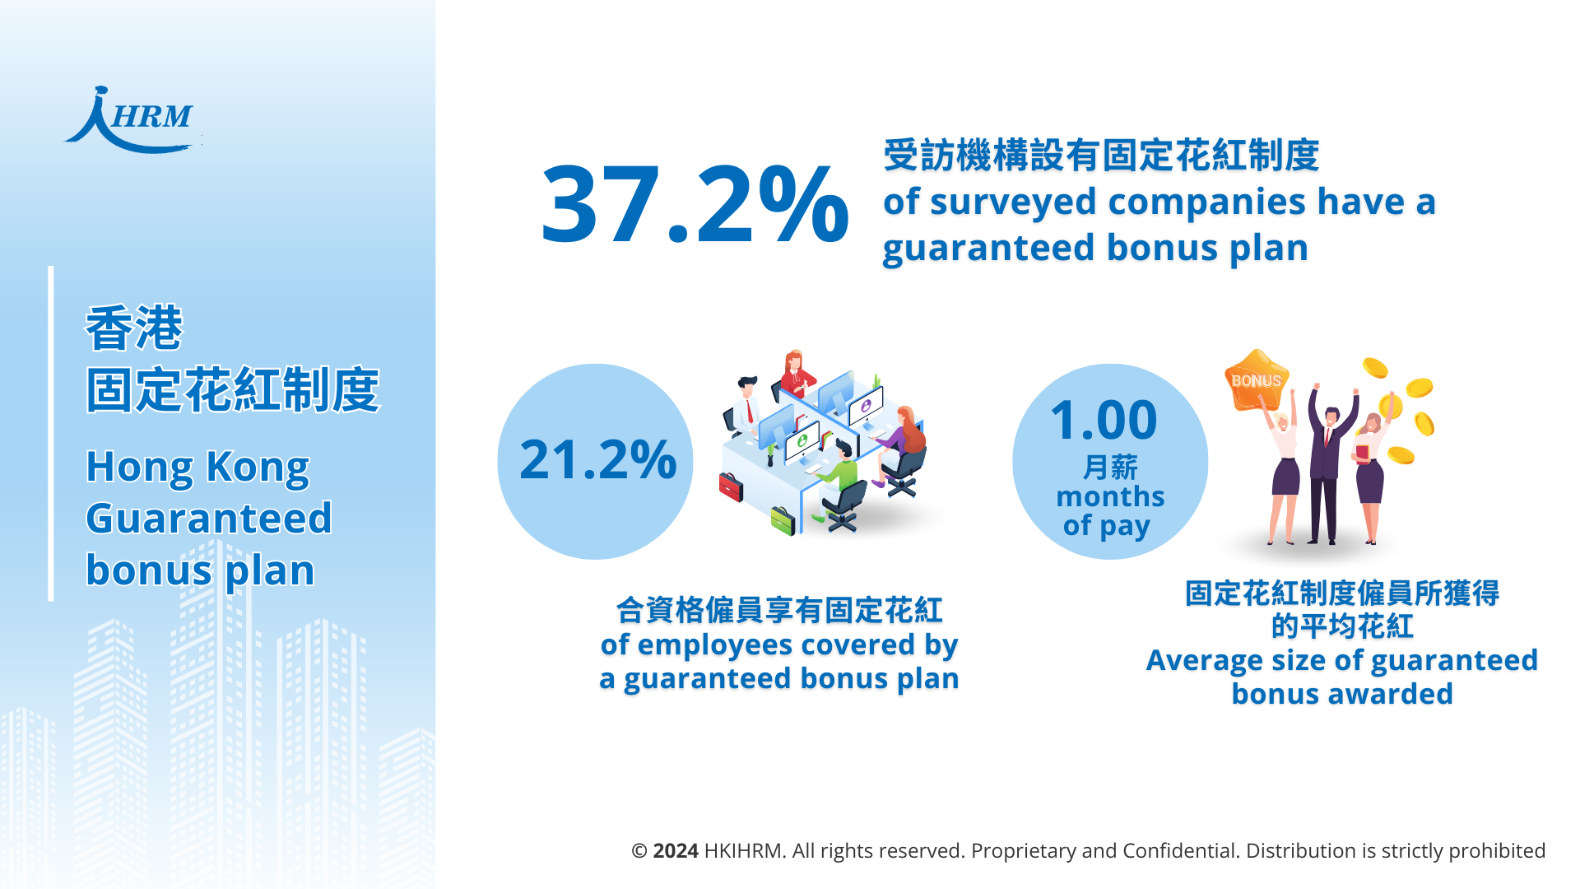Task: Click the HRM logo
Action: [132, 120]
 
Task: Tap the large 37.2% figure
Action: [695, 204]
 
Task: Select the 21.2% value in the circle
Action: [597, 459]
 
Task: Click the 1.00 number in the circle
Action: [1104, 420]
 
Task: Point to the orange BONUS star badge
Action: [1257, 379]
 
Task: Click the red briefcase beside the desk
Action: [731, 486]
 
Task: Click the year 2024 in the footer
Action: [676, 850]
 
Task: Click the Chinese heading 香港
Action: [134, 328]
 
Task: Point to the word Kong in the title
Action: [258, 468]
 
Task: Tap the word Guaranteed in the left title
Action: [209, 519]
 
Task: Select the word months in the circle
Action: [1110, 496]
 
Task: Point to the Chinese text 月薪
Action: [1110, 468]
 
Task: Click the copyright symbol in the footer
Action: [639, 851]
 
